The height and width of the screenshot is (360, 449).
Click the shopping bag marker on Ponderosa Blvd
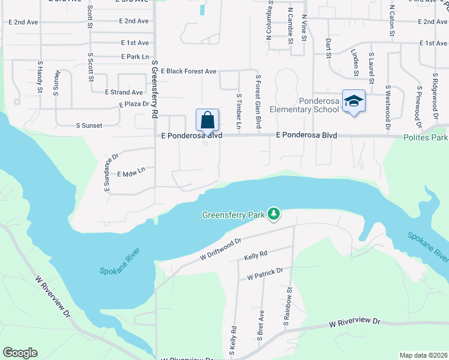(207, 120)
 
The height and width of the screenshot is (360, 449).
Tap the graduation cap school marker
(354, 101)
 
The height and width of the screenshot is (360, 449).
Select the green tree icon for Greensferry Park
(274, 214)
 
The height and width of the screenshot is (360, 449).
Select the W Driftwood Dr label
(220, 250)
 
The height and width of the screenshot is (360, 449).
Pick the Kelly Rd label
(255, 257)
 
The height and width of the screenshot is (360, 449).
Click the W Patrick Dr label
(264, 272)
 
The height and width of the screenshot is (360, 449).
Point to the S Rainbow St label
(289, 306)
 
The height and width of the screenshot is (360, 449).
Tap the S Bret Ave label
(261, 326)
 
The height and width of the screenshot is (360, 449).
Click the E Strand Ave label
(124, 92)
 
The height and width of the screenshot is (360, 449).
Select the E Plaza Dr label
(133, 104)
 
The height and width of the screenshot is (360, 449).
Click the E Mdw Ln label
(131, 172)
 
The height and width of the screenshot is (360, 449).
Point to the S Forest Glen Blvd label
(259, 101)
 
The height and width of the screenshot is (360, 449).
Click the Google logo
(20, 353)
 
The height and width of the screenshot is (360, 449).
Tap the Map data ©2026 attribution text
(423, 355)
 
